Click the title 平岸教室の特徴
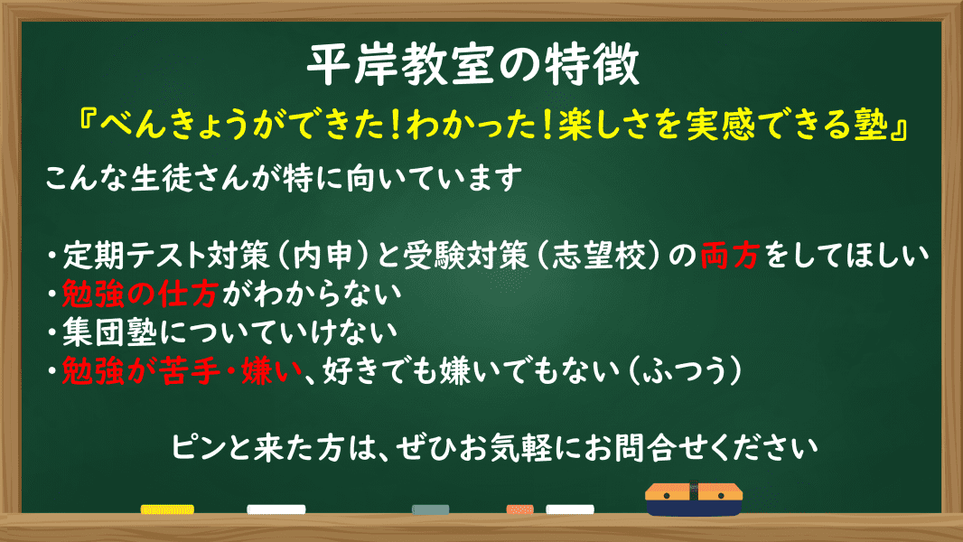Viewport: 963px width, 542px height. (x=473, y=64)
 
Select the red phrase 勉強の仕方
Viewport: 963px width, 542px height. (x=140, y=294)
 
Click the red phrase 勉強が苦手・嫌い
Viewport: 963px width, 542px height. (x=182, y=370)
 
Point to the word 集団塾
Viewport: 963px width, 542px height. (x=109, y=332)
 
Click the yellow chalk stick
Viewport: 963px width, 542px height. (x=167, y=509)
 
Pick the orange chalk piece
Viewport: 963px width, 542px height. (x=519, y=509)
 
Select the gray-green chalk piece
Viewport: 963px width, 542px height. (x=431, y=509)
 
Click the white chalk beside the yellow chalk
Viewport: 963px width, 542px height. (x=276, y=509)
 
